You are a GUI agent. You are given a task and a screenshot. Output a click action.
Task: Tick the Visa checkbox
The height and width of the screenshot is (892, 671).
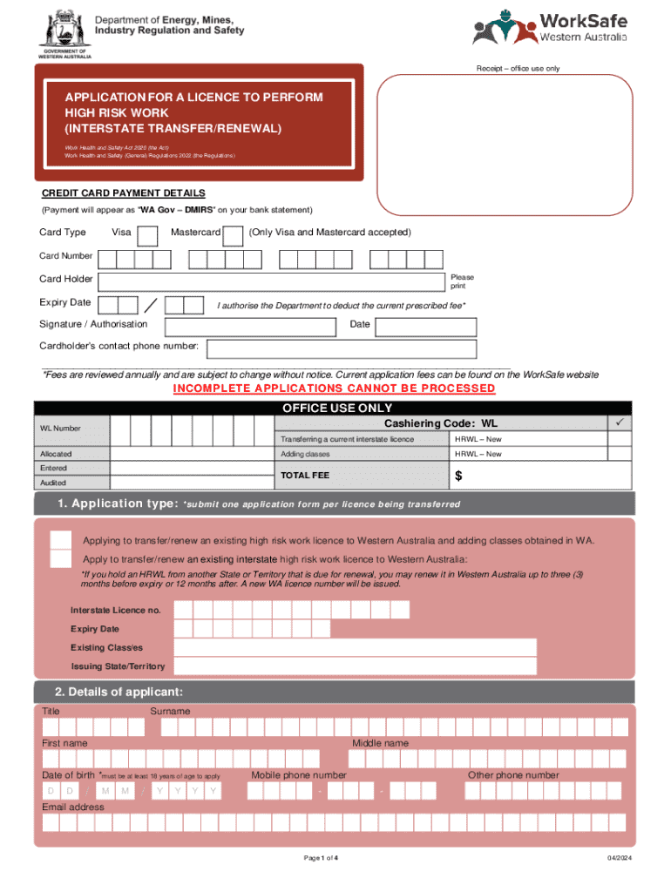pyautogui.click(x=149, y=235)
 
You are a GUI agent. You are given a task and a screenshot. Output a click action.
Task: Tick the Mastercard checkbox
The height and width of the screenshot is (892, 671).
pyautogui.click(x=233, y=235)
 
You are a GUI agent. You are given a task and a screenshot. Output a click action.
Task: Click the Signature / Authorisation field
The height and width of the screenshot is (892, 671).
pyautogui.click(x=245, y=326)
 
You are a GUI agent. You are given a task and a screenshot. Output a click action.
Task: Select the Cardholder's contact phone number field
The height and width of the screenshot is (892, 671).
pyautogui.click(x=341, y=348)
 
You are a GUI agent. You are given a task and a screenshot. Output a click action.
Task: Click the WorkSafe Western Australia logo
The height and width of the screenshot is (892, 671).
pyautogui.click(x=549, y=27)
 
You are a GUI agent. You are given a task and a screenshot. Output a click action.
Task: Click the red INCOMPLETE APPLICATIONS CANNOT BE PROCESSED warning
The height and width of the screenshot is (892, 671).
pyautogui.click(x=334, y=389)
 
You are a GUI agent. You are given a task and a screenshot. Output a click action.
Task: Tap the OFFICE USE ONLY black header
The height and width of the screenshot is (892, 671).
pyautogui.click(x=334, y=408)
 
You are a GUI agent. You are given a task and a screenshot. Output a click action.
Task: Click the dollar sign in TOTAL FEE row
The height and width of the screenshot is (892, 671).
pyautogui.click(x=458, y=476)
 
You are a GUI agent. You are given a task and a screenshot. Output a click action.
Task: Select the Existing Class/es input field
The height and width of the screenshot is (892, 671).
pyautogui.click(x=355, y=647)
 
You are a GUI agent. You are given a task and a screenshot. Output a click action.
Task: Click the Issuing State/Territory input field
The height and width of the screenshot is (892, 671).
pyautogui.click(x=355, y=666)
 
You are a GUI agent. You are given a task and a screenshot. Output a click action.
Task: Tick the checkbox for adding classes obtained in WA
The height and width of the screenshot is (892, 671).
pyautogui.click(x=61, y=540)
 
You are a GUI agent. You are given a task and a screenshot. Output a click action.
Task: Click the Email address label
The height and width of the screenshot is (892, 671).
pyautogui.click(x=73, y=807)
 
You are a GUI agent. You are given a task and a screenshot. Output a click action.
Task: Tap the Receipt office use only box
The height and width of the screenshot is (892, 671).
pyautogui.click(x=505, y=142)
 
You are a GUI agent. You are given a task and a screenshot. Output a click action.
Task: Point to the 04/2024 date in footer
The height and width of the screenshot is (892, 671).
pyautogui.click(x=620, y=859)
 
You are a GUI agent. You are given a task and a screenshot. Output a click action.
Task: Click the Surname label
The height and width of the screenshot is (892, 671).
pyautogui.click(x=170, y=712)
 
